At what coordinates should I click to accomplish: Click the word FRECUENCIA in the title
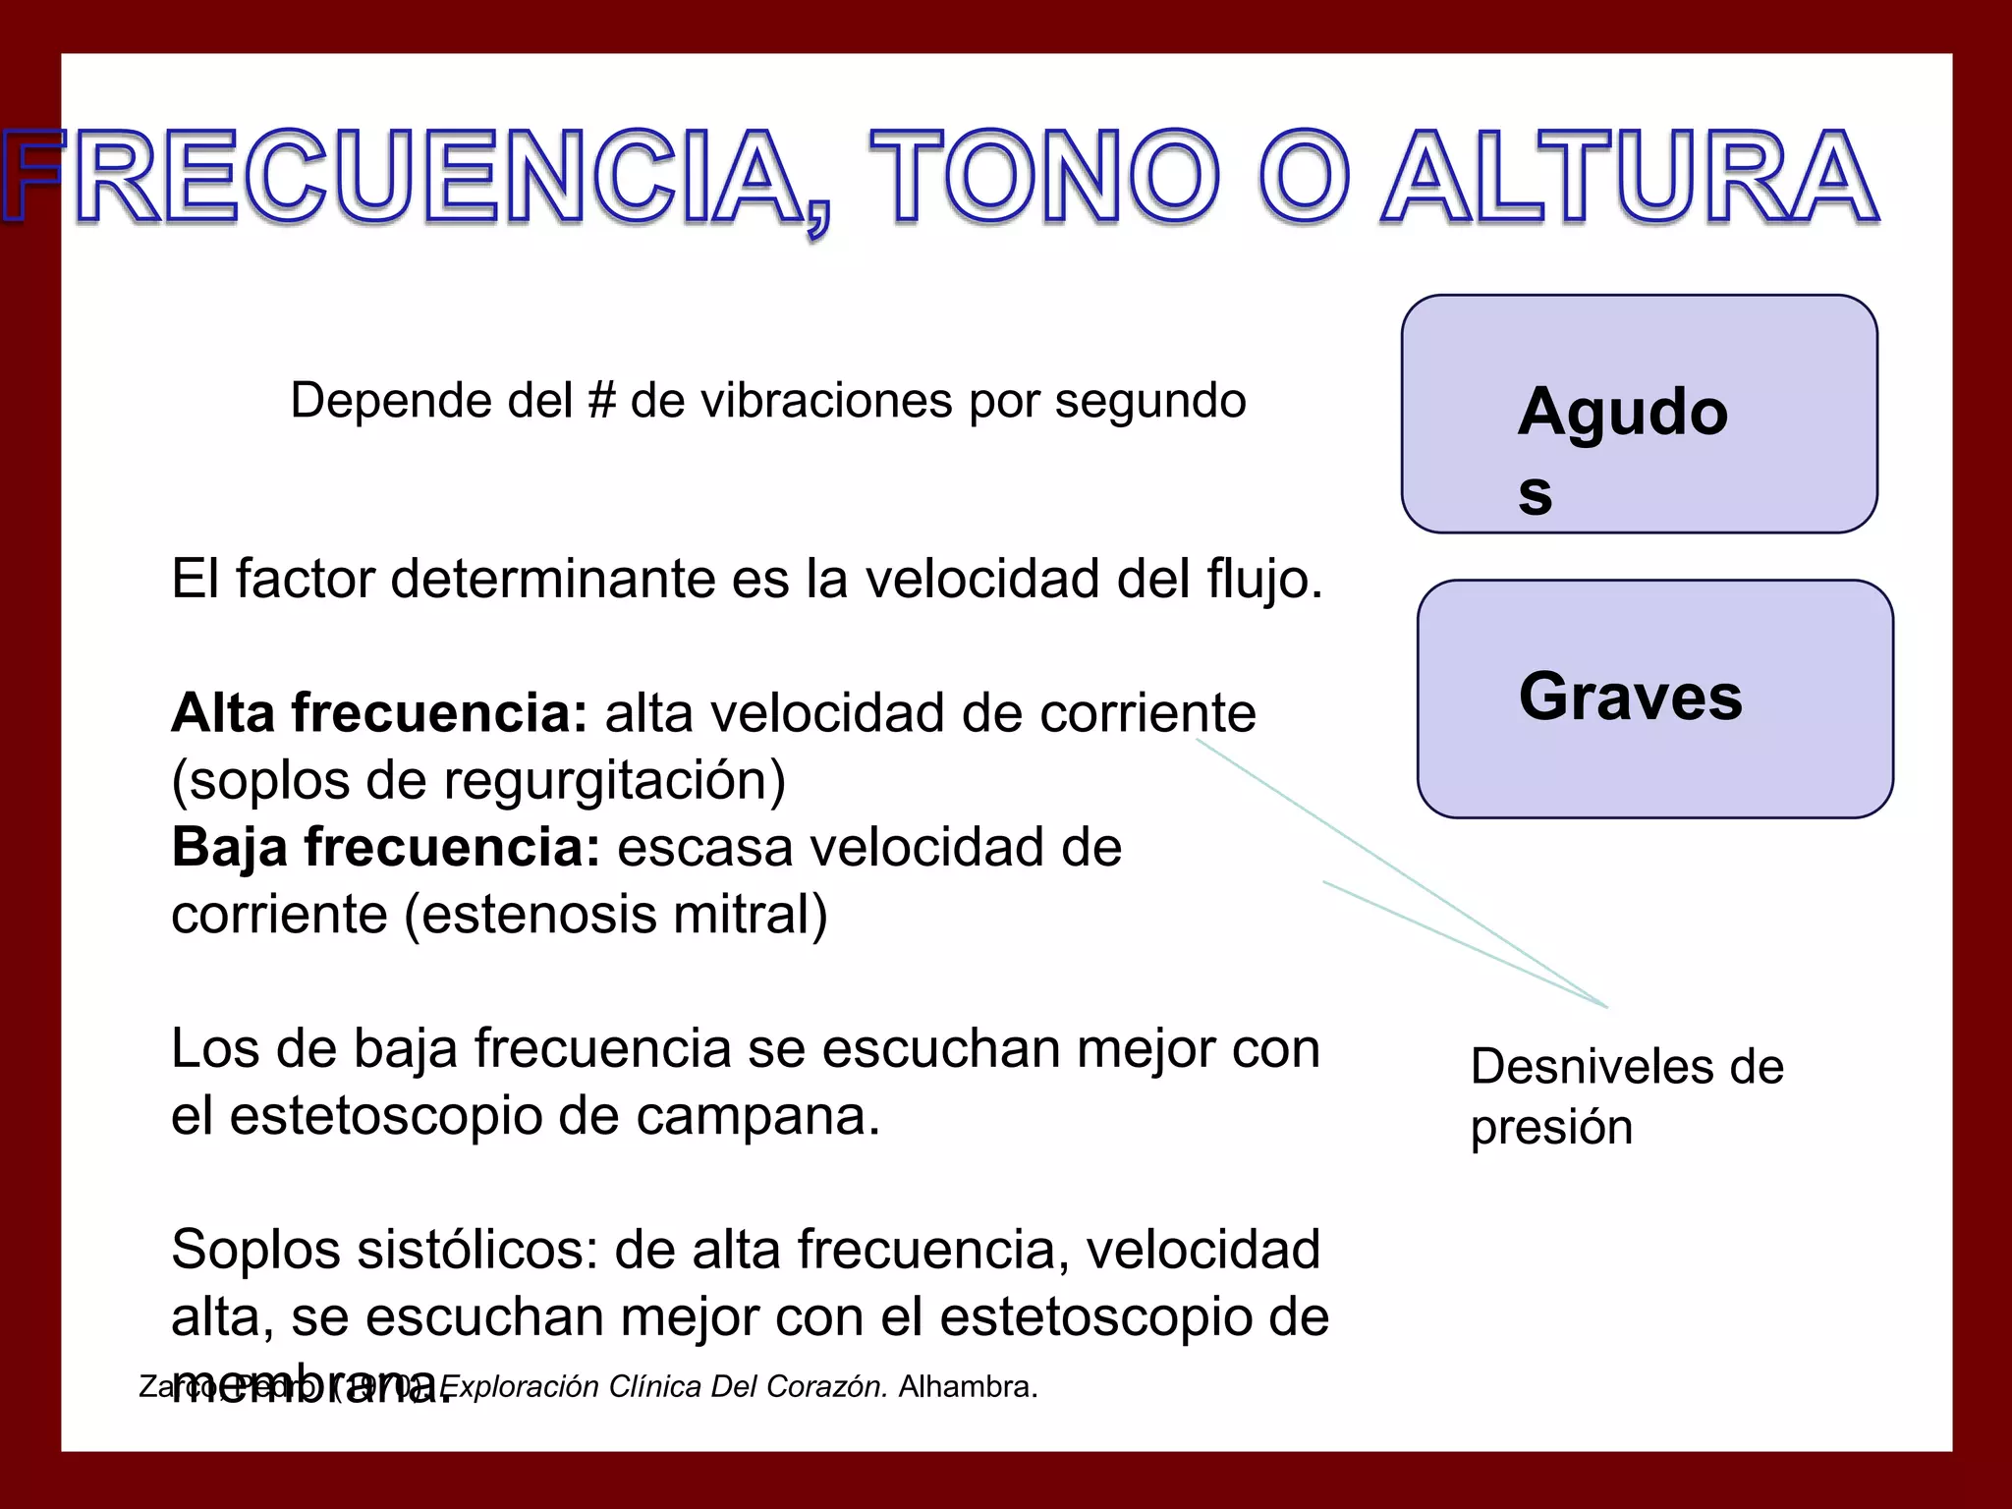point(413,177)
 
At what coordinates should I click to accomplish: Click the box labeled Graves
point(1654,699)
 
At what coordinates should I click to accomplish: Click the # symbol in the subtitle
point(601,401)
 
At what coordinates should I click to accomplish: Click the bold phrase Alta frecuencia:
point(379,713)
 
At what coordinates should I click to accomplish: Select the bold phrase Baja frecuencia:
point(385,847)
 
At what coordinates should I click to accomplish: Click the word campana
point(756,1116)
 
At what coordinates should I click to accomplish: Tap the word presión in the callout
point(1551,1127)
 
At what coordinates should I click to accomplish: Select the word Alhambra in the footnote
point(967,1386)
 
